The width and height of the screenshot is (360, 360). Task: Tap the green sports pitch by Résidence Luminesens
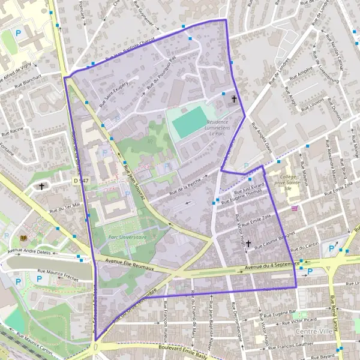[189, 124]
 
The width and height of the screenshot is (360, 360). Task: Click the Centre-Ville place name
[313, 331]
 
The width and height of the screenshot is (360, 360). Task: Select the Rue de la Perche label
[184, 185]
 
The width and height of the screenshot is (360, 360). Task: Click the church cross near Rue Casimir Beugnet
[248, 244]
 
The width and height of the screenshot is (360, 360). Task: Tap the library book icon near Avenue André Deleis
[23, 238]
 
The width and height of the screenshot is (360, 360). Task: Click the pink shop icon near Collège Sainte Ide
[294, 209]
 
